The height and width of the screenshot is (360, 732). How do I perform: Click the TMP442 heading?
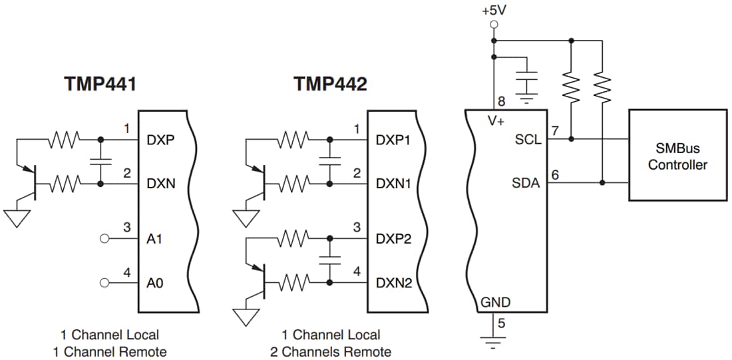[329, 85]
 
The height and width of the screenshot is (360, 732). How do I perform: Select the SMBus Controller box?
[677, 156]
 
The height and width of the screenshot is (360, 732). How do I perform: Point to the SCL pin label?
[528, 140]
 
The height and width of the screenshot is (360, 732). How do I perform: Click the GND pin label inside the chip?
[495, 303]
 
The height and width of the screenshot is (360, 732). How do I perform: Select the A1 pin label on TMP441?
[154, 239]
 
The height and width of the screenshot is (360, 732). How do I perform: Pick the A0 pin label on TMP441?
[154, 283]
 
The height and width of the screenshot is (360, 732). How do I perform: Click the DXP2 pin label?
[393, 239]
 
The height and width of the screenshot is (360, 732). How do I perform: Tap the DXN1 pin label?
[393, 183]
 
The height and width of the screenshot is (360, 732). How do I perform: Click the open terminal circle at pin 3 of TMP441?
[104, 239]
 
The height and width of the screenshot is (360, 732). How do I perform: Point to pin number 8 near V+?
[501, 102]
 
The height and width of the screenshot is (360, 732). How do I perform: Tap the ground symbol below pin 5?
[493, 344]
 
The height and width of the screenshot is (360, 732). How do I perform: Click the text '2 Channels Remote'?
[331, 351]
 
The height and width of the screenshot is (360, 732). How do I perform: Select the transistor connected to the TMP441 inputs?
[29, 182]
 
